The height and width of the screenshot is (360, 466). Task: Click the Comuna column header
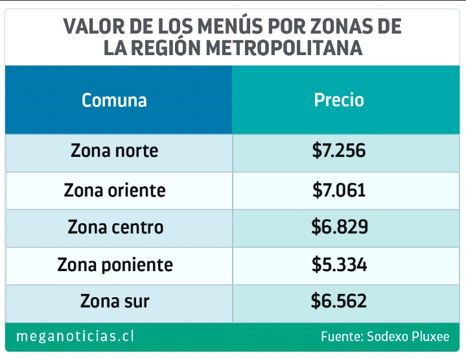coord(114,100)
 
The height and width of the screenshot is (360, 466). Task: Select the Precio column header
coord(339,100)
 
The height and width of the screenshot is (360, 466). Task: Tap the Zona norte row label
coord(114,151)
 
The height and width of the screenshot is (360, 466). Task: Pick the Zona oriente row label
coord(114,190)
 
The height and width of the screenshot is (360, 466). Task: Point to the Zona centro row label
coord(115,227)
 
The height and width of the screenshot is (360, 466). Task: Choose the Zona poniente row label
coord(115,265)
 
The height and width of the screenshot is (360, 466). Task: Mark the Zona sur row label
coord(115,302)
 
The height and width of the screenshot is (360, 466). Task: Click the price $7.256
coord(339,151)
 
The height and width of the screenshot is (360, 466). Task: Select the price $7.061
coord(339,190)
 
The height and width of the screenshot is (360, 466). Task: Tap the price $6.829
coord(339,227)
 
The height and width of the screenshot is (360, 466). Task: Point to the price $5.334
coord(339,265)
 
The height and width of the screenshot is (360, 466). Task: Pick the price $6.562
coord(339,302)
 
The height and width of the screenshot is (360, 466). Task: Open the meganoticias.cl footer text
coord(75,337)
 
